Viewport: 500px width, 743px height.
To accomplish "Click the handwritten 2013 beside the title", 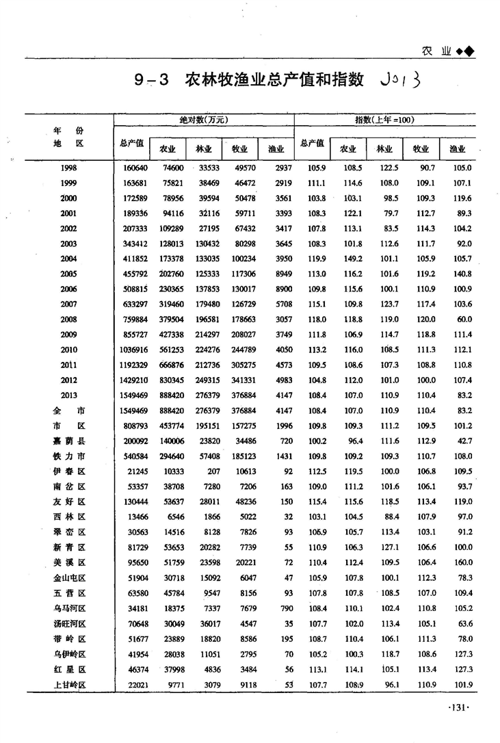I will [398, 80].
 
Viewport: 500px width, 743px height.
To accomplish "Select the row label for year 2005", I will [68, 274].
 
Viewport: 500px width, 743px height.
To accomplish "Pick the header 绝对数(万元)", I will [203, 120].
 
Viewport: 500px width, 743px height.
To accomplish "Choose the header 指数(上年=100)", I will [384, 120].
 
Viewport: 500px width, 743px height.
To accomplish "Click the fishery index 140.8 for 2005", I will [462, 274].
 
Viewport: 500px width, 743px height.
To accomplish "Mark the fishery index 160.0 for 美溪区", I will [462, 562].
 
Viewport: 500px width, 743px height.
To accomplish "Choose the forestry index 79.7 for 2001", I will [387, 213].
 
